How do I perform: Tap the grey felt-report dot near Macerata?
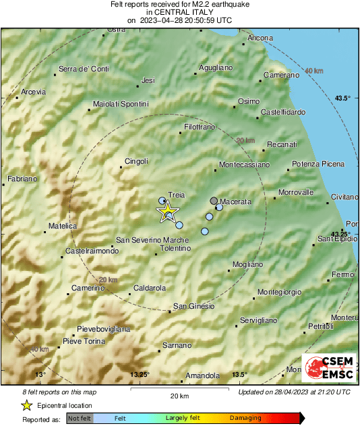[x=214, y=201]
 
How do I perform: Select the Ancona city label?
[x=260, y=38]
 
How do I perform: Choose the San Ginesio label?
[x=193, y=307]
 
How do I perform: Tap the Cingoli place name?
[x=136, y=161]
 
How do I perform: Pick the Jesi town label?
[x=147, y=80]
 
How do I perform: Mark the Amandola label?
[x=203, y=375]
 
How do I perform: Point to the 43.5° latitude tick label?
[x=342, y=98]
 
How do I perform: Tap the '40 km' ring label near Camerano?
[x=313, y=71]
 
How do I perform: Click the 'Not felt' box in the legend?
[x=80, y=418]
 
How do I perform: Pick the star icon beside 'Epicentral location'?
[x=26, y=405]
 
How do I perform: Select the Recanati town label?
[x=282, y=144]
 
